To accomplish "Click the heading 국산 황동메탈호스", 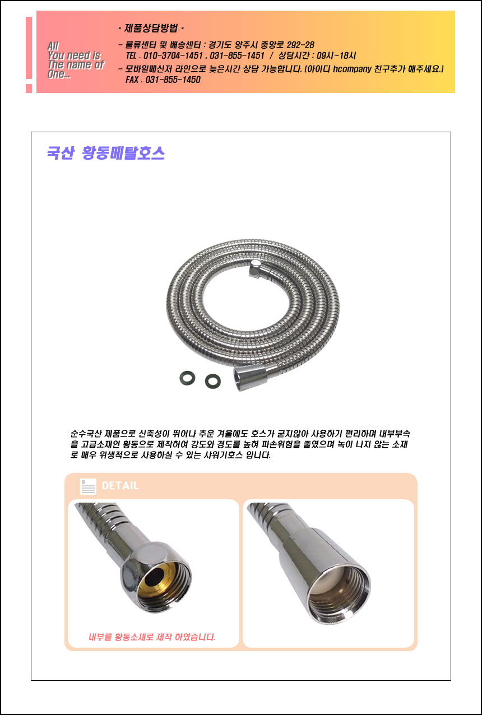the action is tap(106, 153).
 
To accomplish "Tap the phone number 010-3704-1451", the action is tap(173, 55).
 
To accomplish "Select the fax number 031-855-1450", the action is tap(173, 80).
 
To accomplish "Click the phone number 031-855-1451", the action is tap(237, 55).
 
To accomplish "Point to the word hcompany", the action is tap(352, 69).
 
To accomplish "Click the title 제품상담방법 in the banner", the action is tap(151, 29).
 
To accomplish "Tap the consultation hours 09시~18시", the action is tap(336, 55).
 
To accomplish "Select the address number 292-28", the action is tap(300, 45).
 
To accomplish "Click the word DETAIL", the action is tap(120, 485).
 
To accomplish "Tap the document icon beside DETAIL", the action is tap(88, 486).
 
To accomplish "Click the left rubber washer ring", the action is tap(187, 378).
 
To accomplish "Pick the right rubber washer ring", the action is tap(212, 381).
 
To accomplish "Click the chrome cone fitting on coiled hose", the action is tap(251, 378).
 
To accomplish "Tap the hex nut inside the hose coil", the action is tap(254, 268).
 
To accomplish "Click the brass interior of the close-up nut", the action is tap(157, 576).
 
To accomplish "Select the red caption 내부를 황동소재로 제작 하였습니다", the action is tap(152, 637).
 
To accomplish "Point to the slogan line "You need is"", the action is tap(74, 55).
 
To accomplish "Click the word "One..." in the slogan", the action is tap(59, 75).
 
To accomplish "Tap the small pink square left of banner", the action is tap(29, 89).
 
